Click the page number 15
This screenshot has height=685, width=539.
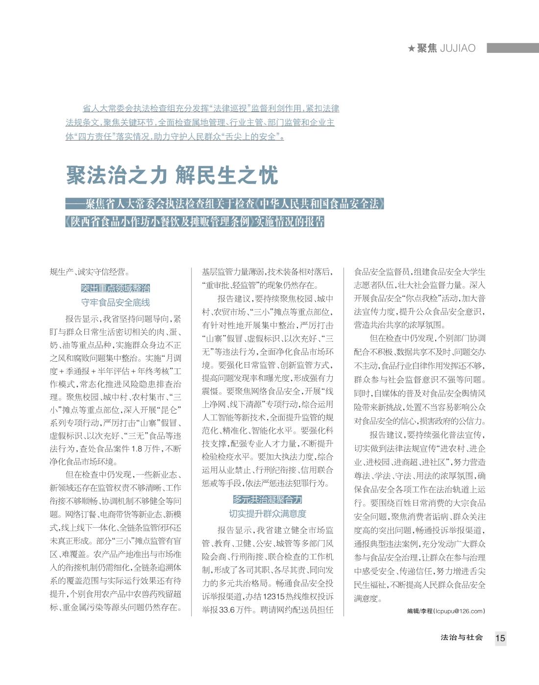point(500,638)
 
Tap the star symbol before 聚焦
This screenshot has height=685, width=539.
point(412,49)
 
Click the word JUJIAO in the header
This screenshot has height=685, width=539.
point(458,49)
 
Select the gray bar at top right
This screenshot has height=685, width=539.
point(513,48)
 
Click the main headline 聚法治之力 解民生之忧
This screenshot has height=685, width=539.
point(172,175)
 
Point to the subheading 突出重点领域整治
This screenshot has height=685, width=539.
point(115,288)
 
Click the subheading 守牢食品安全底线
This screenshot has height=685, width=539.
point(115,302)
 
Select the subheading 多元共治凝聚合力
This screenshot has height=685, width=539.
point(268,500)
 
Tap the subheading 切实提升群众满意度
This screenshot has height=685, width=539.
point(268,514)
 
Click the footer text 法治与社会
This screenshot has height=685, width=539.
point(462,637)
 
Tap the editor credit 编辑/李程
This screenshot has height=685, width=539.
point(419,611)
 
